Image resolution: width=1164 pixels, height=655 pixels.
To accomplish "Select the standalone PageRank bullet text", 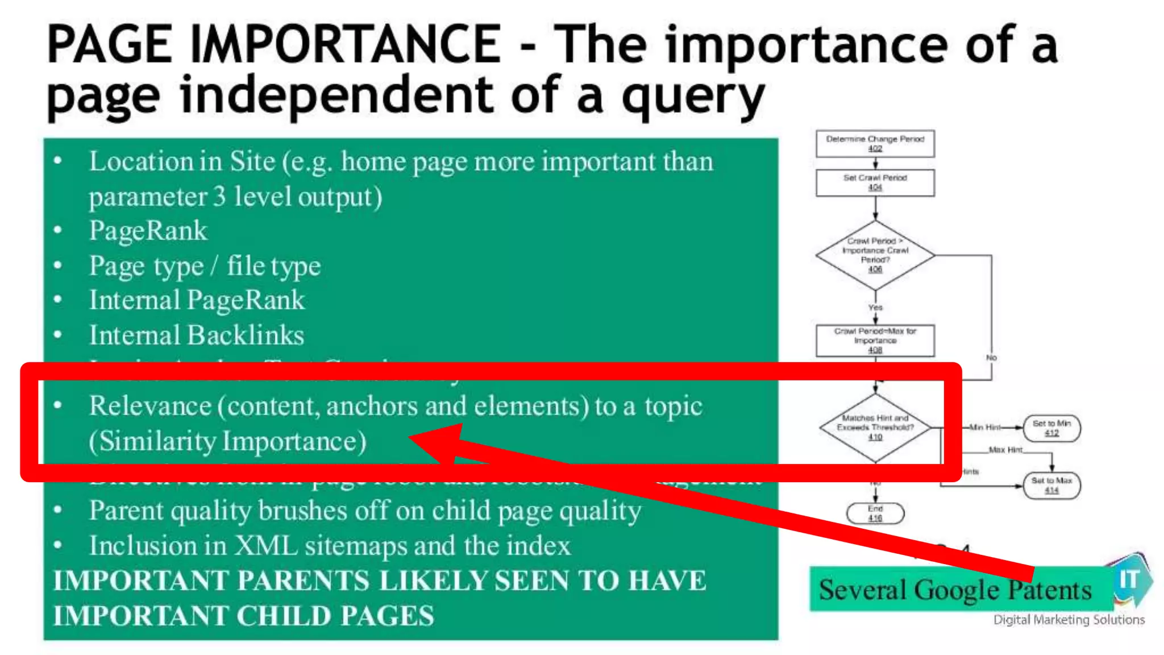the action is (x=148, y=231).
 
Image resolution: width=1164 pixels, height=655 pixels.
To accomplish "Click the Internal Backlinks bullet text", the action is (x=197, y=335).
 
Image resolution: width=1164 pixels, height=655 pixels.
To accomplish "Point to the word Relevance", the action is (x=150, y=406).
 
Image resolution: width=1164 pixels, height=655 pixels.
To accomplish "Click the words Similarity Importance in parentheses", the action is (x=228, y=441).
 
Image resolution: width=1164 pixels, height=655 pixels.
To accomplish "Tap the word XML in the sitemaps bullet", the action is (x=265, y=546).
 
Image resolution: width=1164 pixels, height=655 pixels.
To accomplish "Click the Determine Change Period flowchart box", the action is (x=875, y=143).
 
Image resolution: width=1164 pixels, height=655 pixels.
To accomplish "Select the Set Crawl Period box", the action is (x=875, y=183).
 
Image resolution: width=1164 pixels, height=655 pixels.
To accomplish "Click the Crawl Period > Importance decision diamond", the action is (x=875, y=255).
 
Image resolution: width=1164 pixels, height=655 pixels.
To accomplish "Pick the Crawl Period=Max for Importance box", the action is (x=875, y=340).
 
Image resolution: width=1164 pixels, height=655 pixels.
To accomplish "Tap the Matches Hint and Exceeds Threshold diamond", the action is (x=875, y=427).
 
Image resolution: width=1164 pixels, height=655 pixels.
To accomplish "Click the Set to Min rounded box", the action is (x=1051, y=428).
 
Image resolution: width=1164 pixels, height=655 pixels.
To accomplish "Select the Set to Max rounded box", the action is (x=1051, y=485).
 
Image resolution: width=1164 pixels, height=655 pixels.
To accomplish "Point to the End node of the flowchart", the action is (x=875, y=513).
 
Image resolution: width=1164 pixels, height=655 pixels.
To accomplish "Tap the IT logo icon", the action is (x=1130, y=580).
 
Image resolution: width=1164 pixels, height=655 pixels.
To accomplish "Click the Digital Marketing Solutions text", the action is (x=1069, y=620).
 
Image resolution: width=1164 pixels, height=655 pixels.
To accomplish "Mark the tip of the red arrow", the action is (x=410, y=437).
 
